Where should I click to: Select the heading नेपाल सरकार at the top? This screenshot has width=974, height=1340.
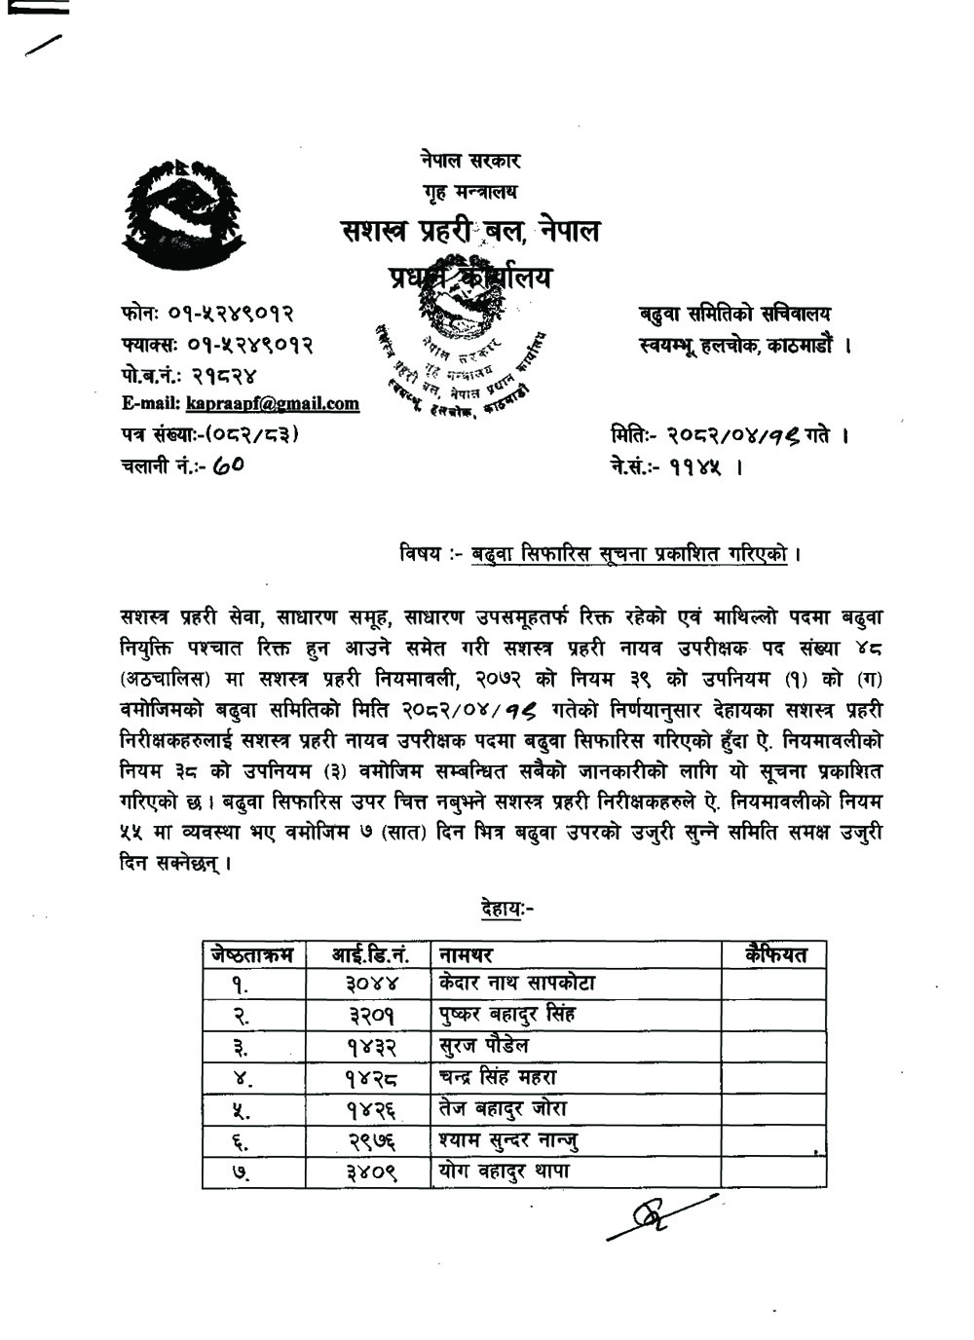pyautogui.click(x=471, y=161)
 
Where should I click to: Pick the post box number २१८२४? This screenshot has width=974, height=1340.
pyautogui.click(x=223, y=374)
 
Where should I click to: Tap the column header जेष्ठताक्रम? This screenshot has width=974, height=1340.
pyautogui.click(x=252, y=954)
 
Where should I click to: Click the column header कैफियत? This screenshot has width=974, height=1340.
pyautogui.click(x=774, y=954)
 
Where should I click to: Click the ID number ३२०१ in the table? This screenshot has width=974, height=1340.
pyautogui.click(x=371, y=1015)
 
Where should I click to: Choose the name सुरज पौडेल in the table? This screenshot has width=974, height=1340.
pyautogui.click(x=484, y=1046)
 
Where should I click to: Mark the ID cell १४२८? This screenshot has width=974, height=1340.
pyautogui.click(x=369, y=1078)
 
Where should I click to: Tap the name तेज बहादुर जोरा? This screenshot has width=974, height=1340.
pyautogui.click(x=503, y=1109)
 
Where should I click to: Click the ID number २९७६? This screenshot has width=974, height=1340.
pyautogui.click(x=371, y=1140)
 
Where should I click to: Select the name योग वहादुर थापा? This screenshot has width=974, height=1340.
pyautogui.click(x=504, y=1172)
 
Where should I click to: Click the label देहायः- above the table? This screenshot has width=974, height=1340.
pyautogui.click(x=506, y=910)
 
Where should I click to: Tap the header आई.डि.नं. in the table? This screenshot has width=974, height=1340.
pyautogui.click(x=371, y=954)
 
